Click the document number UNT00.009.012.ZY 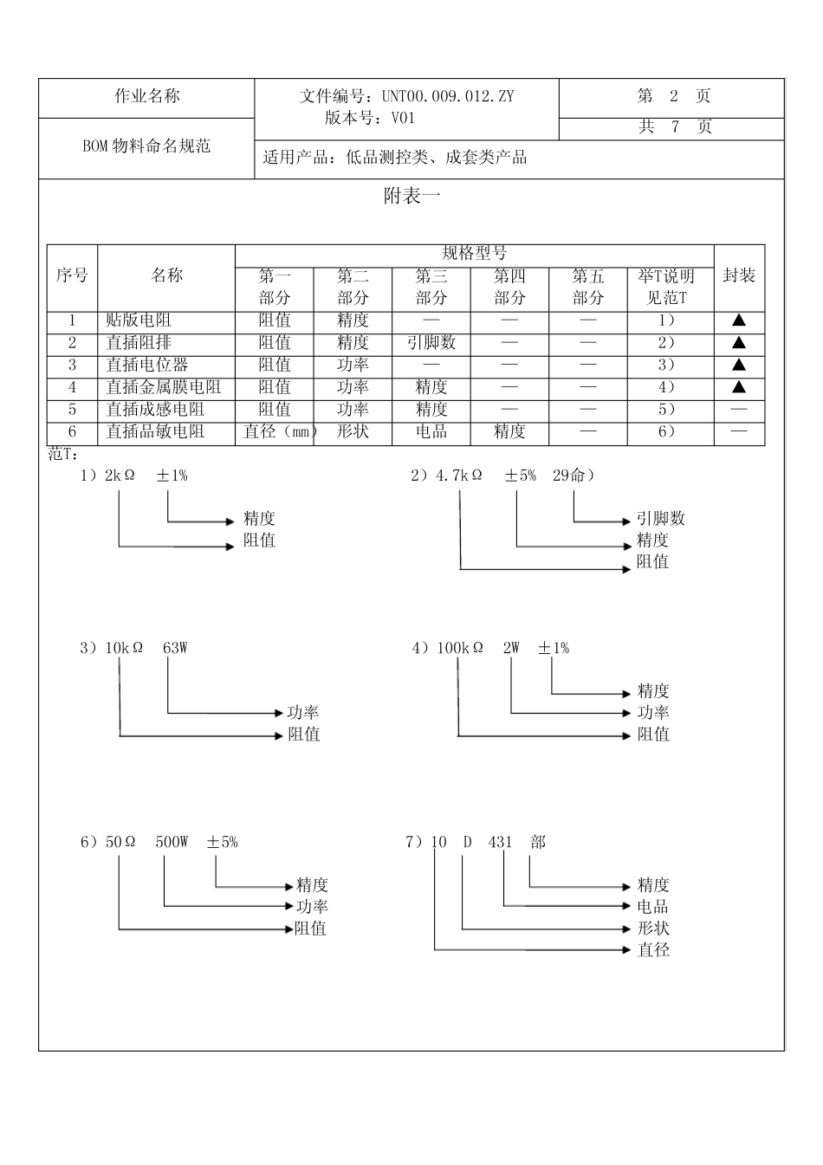tap(447, 96)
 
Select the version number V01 tap(403, 119)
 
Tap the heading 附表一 tap(411, 197)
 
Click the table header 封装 tap(739, 276)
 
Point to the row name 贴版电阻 tap(139, 321)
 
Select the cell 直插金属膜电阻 tap(164, 387)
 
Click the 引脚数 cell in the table tap(431, 343)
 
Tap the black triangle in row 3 tap(739, 365)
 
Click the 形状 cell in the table tap(353, 431)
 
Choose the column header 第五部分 tap(588, 287)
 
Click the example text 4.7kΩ tap(458, 476)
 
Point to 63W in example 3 tap(175, 648)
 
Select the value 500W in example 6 tap(172, 842)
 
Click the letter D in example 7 tap(467, 842)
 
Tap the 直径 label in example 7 tap(653, 950)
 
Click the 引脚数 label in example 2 tap(660, 519)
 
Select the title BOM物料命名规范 tap(146, 146)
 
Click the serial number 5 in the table tap(73, 410)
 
